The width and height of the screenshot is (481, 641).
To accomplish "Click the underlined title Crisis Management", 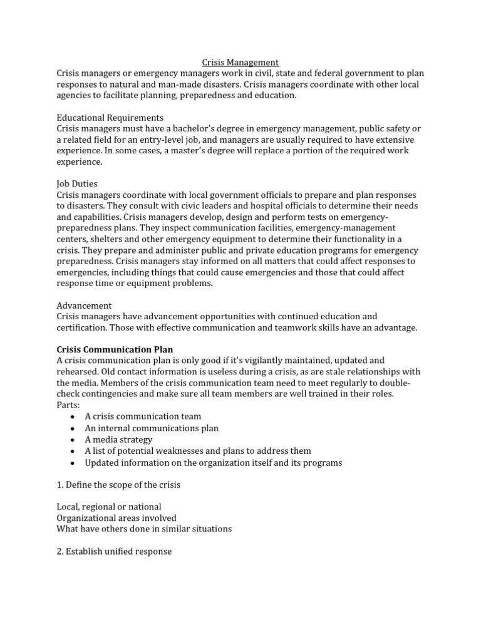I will point(240,63).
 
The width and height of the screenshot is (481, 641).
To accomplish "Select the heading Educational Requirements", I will point(110,118).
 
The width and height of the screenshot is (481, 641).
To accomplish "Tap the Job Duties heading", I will point(78,184).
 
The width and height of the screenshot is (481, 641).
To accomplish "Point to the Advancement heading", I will point(84,305).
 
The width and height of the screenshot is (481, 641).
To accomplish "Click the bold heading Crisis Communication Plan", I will point(115,349).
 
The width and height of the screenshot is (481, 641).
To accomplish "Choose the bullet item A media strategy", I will point(118,439).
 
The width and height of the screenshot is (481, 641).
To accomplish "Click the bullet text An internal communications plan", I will point(152,428).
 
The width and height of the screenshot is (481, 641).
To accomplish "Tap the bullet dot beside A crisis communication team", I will point(73,417).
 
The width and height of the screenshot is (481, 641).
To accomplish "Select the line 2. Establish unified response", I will point(114,551).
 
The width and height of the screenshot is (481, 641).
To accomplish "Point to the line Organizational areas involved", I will point(116,518).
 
